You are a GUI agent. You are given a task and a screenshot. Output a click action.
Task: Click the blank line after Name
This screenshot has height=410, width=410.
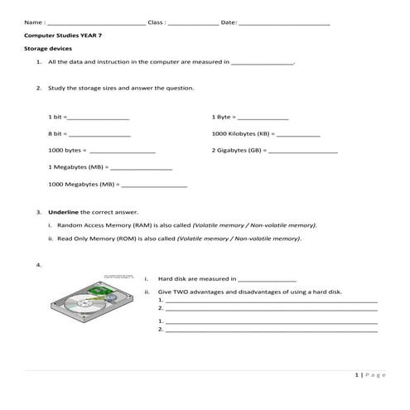point(95,23)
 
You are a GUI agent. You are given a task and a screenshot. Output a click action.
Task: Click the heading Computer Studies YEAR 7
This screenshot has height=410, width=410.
point(63,36)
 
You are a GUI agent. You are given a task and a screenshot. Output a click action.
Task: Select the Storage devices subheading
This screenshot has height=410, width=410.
point(48,49)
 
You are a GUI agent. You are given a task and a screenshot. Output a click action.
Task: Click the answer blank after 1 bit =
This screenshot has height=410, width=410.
point(99,118)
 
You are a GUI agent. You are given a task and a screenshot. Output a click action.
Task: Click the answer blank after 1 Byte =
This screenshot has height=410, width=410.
point(263,118)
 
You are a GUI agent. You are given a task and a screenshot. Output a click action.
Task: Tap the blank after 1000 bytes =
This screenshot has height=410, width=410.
point(122,152)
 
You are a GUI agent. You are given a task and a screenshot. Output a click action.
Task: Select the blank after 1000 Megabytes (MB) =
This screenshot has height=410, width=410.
point(155,186)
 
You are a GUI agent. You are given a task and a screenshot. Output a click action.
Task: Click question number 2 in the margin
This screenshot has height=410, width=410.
point(39,88)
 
